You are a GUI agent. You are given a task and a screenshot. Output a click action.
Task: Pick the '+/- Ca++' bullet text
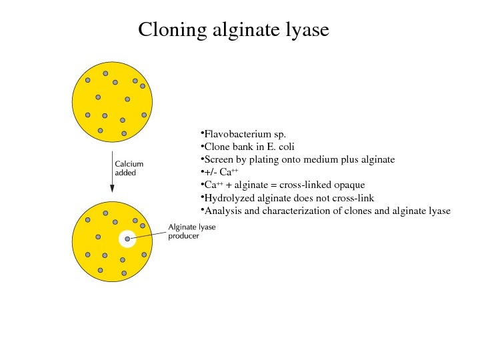click(221, 172)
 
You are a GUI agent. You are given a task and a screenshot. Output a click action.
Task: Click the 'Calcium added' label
click(129, 167)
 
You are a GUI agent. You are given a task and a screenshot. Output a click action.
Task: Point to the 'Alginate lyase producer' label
click(191, 231)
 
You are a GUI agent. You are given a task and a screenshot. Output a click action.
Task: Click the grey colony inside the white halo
click(127, 239)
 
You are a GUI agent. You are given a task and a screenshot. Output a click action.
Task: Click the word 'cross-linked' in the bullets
click(306, 185)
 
